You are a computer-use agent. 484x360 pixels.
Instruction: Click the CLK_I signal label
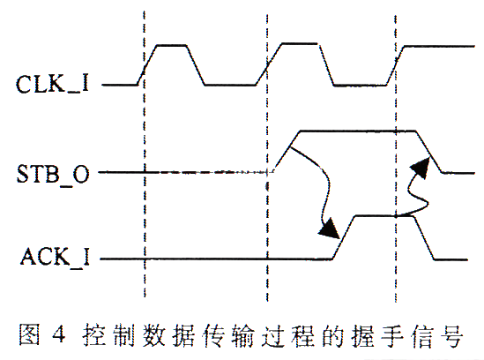point(53,84)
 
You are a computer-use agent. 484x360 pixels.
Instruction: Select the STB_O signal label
point(53,174)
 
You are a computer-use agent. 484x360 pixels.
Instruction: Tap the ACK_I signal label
point(56,258)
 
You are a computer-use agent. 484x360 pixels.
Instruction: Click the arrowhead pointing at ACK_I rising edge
point(330,229)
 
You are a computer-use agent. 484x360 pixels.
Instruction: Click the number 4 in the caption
point(59,334)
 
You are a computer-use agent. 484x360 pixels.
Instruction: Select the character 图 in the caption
point(29,334)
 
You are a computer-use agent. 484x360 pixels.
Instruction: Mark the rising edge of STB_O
point(287,152)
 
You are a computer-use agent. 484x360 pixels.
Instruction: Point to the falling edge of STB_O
point(429,152)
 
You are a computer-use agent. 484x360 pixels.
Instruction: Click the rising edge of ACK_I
point(344,237)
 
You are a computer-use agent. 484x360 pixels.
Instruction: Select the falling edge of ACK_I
point(423,238)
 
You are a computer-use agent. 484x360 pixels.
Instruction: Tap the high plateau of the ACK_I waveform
point(383,216)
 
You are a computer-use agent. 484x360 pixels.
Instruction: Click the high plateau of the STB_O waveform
point(357,131)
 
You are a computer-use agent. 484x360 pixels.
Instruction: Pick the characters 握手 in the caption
point(377,335)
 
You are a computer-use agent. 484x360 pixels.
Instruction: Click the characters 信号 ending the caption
point(437,335)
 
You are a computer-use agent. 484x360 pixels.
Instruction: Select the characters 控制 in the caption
point(108,335)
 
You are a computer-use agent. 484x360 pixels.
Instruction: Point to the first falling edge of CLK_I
point(196,65)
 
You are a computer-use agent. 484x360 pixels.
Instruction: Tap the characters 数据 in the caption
point(168,335)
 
